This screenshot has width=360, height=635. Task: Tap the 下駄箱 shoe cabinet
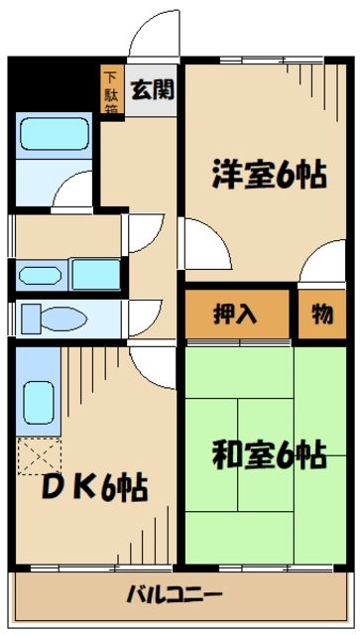click(x=111, y=89)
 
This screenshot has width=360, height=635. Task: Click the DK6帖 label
click(x=95, y=487)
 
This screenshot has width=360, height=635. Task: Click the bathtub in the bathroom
click(x=54, y=132)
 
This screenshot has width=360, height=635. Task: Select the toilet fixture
click(x=45, y=317)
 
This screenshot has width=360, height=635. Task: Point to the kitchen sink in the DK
click(x=39, y=401)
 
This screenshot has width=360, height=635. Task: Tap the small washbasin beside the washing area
click(x=39, y=275)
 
